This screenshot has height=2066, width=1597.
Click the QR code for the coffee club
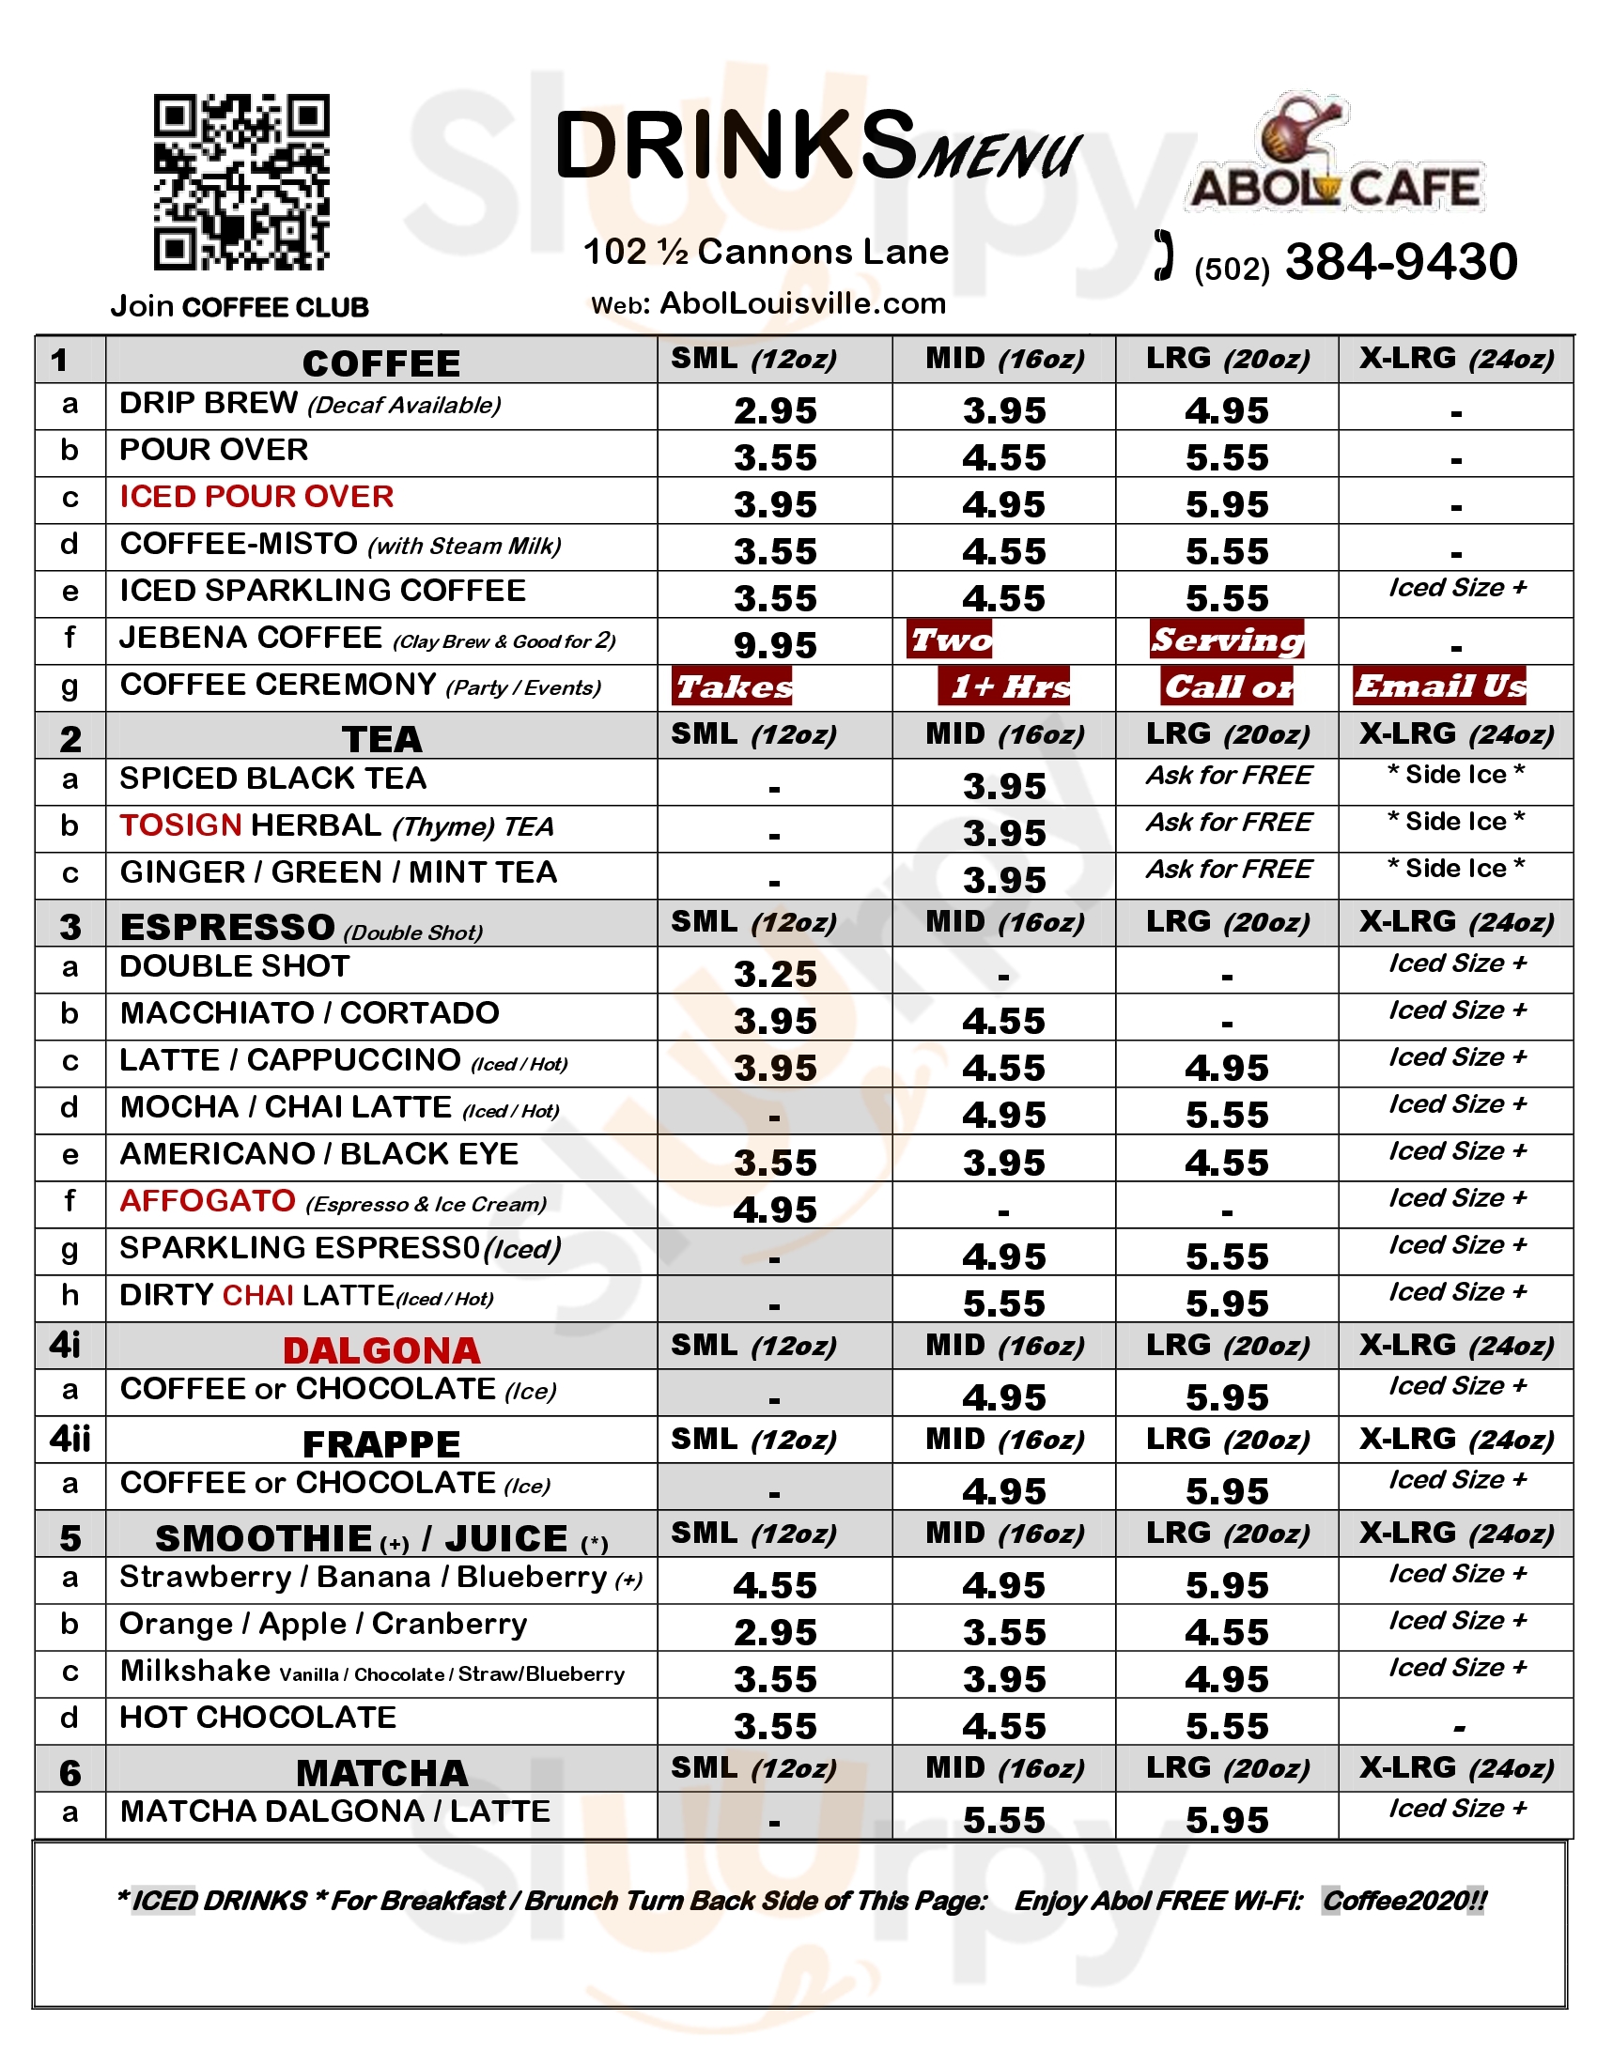point(241,181)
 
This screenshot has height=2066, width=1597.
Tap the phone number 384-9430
point(1401,262)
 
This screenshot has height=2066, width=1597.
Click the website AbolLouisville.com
point(802,302)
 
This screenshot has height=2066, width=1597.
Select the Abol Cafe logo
point(1334,156)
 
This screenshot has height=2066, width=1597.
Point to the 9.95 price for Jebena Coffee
point(775,645)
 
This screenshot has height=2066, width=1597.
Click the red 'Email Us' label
point(1440,686)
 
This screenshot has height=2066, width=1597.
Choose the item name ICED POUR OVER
point(256,497)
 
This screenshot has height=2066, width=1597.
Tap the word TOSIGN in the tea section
point(180,825)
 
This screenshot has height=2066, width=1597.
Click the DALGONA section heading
point(381,1349)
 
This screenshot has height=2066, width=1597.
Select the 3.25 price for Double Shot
point(775,975)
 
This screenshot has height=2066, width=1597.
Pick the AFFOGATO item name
point(209,1201)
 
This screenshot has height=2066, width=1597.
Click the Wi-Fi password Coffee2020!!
point(1404,1901)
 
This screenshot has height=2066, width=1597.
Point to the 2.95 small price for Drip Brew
point(775,410)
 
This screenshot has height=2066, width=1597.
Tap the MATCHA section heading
point(381,1773)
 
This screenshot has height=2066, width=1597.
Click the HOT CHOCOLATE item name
point(257,1717)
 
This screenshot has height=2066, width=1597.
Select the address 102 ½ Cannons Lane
point(766,252)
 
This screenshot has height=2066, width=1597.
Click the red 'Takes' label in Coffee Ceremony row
point(734,686)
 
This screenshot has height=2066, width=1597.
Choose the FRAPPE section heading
point(381,1444)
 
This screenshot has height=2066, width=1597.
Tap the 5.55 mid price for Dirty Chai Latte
point(1004,1303)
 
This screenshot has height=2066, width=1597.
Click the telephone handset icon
point(1165,255)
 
